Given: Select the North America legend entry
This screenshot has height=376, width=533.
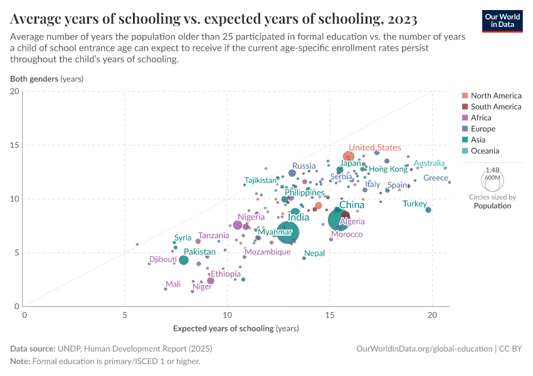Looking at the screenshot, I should point(495,96).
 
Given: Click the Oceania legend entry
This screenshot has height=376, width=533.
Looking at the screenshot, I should point(485,151).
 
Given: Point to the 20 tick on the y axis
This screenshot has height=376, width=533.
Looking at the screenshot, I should point(15,91).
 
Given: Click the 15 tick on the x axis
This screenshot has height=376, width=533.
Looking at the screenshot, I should point(330,316).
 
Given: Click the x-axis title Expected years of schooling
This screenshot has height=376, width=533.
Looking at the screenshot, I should point(235,328).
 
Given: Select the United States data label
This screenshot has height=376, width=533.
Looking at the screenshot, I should point(374,148).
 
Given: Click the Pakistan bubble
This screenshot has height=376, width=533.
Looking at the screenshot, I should point(183,260).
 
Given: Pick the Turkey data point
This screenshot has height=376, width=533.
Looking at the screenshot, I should point(428,210).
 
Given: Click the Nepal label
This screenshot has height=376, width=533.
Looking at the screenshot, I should point(314,253).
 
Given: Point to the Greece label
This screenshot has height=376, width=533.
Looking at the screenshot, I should point(436,178).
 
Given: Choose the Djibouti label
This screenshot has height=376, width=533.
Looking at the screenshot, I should point(163,259).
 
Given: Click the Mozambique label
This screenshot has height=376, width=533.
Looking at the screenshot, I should point(267,252).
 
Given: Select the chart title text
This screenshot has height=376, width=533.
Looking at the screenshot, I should point(214,19).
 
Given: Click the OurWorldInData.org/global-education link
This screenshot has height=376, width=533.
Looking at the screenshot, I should point(423,348).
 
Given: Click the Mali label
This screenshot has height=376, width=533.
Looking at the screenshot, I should point(173,284).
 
